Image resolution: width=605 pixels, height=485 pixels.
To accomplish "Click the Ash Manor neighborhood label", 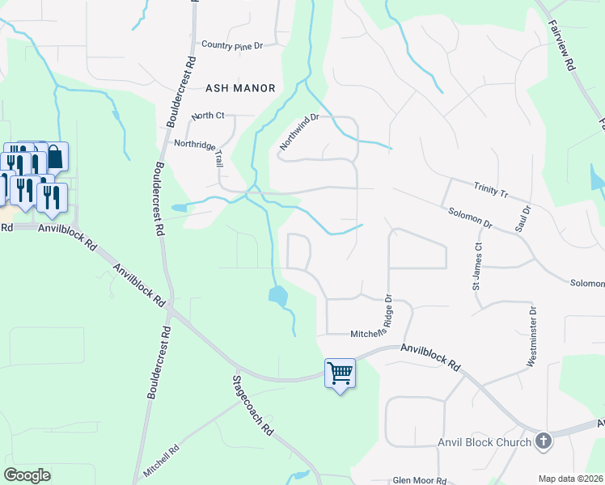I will pos(241,87).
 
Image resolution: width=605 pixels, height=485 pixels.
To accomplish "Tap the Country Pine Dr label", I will pos(233,45).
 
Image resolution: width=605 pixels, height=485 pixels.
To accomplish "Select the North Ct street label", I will pos(206,116).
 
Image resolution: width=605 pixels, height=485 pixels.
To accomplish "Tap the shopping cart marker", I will pos(340,373).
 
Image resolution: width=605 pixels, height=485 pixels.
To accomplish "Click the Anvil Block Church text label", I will pos(484,442).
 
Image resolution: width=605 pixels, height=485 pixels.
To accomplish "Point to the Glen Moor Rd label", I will pos(419,479).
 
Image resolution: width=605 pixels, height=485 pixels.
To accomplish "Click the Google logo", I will pos(27,475).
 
